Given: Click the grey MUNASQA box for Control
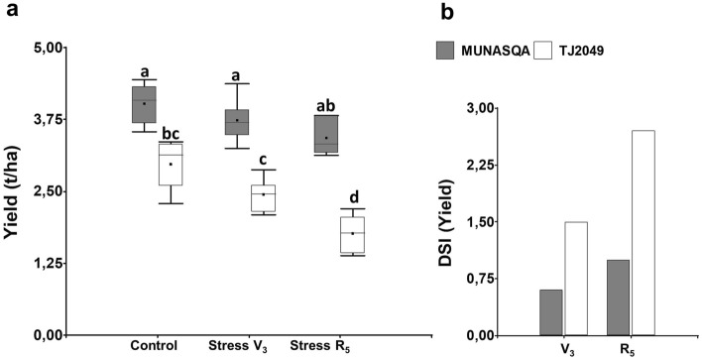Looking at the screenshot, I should pyautogui.click(x=144, y=104).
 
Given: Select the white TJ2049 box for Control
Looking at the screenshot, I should pyautogui.click(x=171, y=164).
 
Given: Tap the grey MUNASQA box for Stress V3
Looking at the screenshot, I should pyautogui.click(x=236, y=122).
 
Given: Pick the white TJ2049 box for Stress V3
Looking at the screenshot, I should pyautogui.click(x=263, y=197).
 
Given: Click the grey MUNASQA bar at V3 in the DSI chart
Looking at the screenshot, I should pyautogui.click(x=551, y=311).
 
